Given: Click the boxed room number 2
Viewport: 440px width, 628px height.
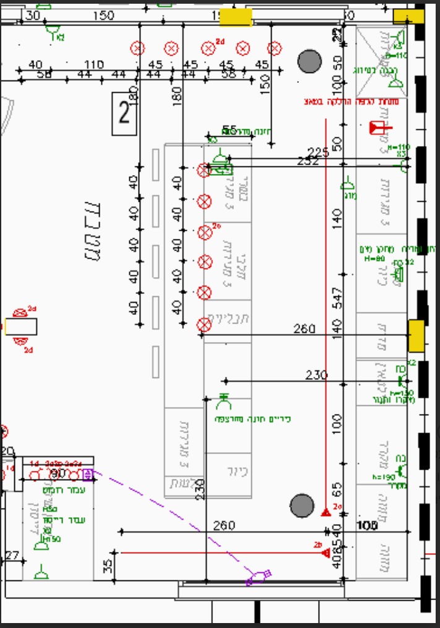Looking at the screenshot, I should click(x=124, y=113).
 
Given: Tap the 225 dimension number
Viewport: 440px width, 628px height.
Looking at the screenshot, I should click(x=318, y=153).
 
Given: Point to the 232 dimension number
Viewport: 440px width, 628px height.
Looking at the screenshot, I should click(x=308, y=161).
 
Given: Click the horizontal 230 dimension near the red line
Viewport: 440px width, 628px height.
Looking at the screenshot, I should click(x=316, y=375).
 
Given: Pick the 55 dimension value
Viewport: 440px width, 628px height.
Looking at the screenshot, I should click(x=229, y=130).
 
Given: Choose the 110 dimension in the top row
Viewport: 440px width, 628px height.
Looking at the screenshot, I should click(x=93, y=65).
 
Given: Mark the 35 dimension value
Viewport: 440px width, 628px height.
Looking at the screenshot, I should click(x=108, y=566).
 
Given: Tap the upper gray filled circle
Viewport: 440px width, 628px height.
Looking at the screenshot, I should click(x=310, y=61).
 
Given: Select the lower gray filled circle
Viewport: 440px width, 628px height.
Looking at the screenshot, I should click(x=302, y=505).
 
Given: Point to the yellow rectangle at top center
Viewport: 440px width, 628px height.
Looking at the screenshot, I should click(x=236, y=17).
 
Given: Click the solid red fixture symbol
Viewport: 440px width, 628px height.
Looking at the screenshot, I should click(x=376, y=129).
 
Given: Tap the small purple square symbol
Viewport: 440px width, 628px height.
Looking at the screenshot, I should click(x=87, y=475).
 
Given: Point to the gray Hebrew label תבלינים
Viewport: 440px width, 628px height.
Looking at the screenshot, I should click(x=227, y=319).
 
